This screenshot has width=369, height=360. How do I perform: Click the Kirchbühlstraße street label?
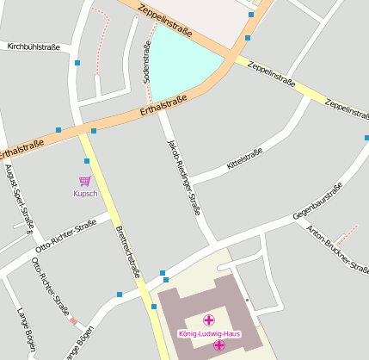pos(33,47)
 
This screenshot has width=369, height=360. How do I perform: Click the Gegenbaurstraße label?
pos(317,200)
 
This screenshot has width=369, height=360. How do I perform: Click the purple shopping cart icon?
pos(85,181)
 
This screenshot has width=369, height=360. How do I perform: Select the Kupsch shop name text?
pos(85,193)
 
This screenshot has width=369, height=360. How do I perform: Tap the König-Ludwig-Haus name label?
pos(209,332)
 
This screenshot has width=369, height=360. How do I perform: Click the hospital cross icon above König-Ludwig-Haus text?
pos(208,320)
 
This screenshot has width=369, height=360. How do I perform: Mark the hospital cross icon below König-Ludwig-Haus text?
pos(219,344)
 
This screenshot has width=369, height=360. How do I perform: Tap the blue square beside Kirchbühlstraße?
pos(77,63)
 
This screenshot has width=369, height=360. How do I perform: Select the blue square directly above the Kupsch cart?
pos(87,161)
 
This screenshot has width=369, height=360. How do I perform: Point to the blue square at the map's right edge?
pos(366,138)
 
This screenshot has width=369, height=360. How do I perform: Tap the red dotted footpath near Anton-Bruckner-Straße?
pos(347,232)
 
